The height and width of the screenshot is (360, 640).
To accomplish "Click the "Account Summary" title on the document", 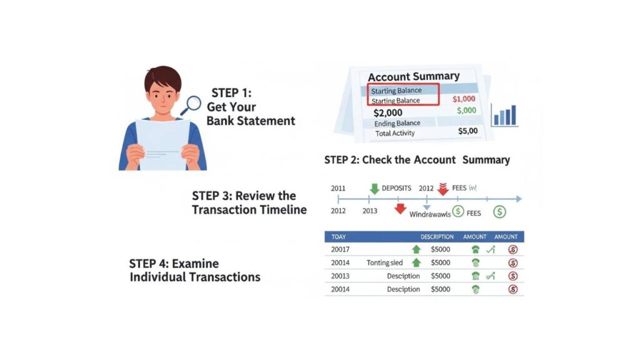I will point(413,76).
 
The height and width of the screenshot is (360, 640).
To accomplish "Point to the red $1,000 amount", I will point(463,99).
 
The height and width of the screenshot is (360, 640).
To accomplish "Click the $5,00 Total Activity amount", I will point(467,131).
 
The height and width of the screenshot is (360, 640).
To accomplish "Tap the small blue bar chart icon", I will point(504,116).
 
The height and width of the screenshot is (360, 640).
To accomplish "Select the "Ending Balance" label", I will point(397,124).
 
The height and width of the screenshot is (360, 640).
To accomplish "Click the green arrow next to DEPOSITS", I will point(374,188).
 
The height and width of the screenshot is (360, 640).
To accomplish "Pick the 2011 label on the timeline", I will point(337,187).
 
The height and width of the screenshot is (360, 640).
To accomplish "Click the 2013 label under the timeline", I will point(370,211).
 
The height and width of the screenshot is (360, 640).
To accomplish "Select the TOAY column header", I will point(338,237).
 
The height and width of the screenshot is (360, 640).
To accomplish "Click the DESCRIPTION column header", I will point(437,237).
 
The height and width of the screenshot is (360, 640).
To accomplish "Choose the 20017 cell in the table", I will point(340,249).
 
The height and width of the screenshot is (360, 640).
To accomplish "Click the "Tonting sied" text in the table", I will point(385,263).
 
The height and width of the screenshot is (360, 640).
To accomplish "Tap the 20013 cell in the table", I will point(340,276).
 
